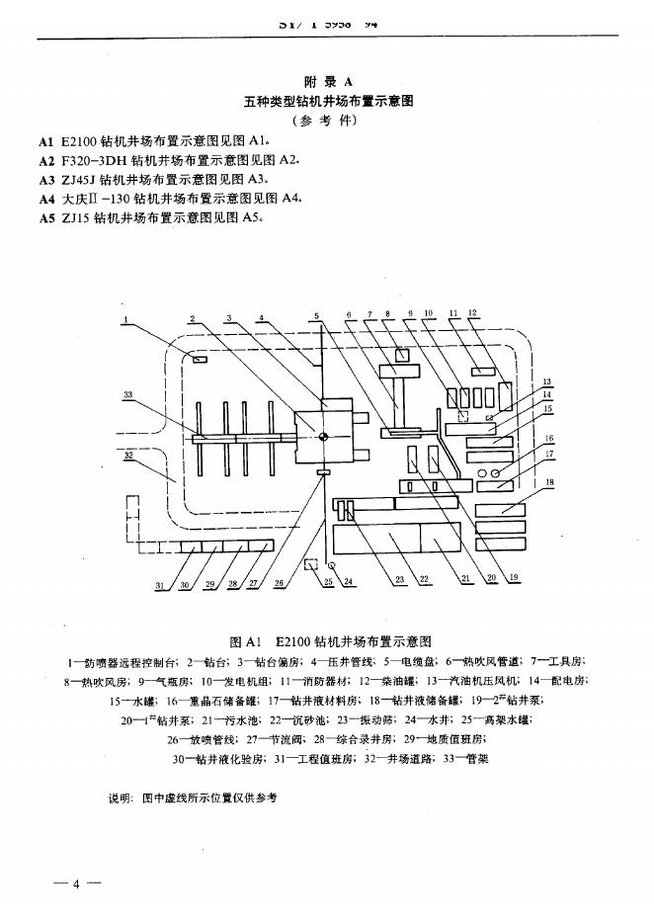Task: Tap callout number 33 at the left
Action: (x=127, y=395)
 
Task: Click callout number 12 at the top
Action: (x=473, y=313)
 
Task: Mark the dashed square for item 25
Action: (x=310, y=565)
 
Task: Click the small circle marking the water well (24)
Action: (x=332, y=564)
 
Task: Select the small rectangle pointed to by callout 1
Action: (x=200, y=361)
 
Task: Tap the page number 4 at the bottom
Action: (x=76, y=882)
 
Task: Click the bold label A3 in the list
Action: (x=45, y=179)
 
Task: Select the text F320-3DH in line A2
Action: (x=95, y=160)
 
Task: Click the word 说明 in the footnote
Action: (x=121, y=796)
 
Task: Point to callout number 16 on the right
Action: (x=549, y=438)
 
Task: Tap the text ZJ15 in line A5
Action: (x=73, y=217)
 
